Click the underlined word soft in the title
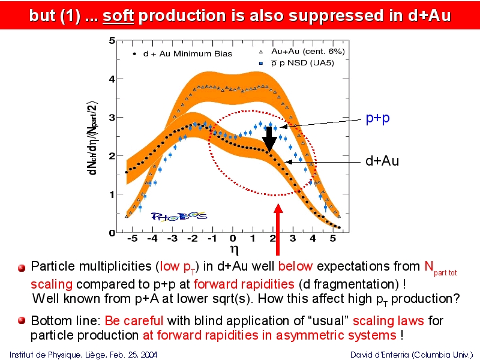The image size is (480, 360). [118, 16]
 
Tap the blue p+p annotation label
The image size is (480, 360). [378, 118]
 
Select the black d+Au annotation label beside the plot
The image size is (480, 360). [382, 161]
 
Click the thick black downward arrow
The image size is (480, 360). [269, 139]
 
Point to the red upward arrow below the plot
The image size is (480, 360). [278, 229]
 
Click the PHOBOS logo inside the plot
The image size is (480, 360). [179, 217]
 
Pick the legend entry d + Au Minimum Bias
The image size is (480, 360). [182, 54]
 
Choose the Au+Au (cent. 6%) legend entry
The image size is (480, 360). [302, 52]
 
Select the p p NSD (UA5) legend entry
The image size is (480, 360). [297, 63]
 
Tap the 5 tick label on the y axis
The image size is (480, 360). [112, 40]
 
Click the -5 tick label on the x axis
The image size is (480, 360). [132, 238]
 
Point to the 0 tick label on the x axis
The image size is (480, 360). [233, 238]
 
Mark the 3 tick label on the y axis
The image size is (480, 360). [112, 118]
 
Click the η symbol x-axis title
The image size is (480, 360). [234, 250]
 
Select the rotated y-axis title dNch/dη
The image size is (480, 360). [92, 138]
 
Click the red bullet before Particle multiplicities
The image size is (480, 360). [22, 268]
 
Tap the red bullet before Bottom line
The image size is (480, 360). [22, 320]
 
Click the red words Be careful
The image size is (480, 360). [134, 321]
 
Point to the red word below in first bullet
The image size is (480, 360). [295, 266]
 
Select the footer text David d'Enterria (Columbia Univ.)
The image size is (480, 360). [412, 355]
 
